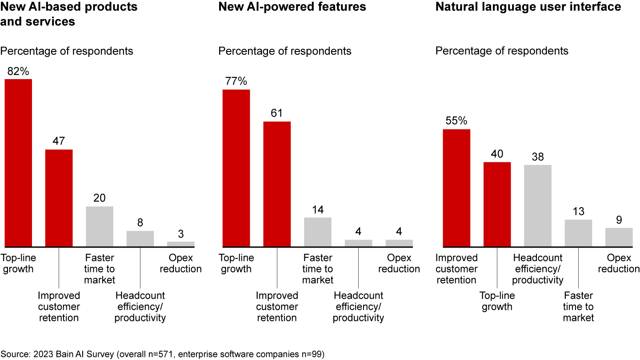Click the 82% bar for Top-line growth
[x=18, y=163]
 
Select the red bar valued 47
[x=59, y=198]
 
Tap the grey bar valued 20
[x=100, y=226]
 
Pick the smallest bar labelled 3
[x=181, y=244]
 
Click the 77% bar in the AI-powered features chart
[x=236, y=168]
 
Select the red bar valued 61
[x=277, y=184]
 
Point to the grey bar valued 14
[x=317, y=232]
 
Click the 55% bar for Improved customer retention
[x=456, y=188]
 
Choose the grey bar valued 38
[x=538, y=205]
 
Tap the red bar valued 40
[x=497, y=204]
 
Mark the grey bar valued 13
[x=578, y=233]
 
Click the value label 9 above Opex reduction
[x=619, y=219]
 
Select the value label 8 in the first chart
[x=140, y=222]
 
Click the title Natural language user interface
[x=528, y=7]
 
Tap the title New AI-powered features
[x=292, y=7]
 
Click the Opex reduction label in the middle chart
[x=399, y=263]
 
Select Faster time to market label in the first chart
[x=100, y=268]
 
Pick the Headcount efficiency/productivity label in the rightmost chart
[x=538, y=268]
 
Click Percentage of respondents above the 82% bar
[x=67, y=51]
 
